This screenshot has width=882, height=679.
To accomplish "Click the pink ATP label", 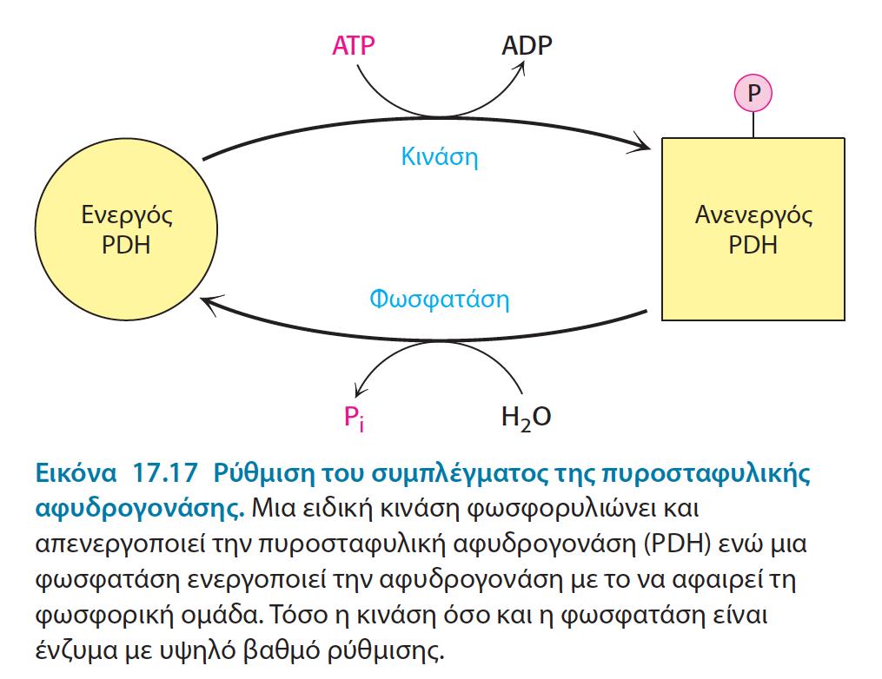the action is click(x=354, y=45).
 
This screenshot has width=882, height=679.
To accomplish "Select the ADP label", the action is click(x=527, y=45).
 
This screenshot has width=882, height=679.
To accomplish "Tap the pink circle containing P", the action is click(x=753, y=93).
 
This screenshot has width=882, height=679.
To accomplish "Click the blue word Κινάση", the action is click(x=440, y=157).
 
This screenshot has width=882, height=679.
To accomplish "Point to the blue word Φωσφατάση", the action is click(x=440, y=299).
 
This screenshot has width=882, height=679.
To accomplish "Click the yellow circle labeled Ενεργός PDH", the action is click(x=126, y=229).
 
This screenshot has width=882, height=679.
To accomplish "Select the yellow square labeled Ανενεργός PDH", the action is click(x=753, y=229).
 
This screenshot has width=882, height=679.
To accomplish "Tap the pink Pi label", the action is click(x=354, y=419).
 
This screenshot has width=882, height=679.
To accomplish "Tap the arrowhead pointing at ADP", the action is click(x=519, y=69).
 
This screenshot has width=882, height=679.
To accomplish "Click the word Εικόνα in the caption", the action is click(x=76, y=472).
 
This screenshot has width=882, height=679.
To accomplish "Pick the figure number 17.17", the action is click(x=164, y=472).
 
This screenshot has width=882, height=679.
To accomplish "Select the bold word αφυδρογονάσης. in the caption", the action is click(x=140, y=510).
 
